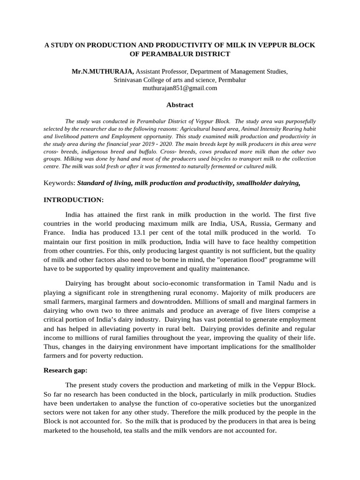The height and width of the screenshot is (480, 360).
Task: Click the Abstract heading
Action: (x=180, y=105)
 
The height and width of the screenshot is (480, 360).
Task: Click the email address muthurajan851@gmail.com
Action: (x=180, y=88)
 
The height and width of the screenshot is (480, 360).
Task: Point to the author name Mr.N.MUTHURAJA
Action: (x=103, y=72)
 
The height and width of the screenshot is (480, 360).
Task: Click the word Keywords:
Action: (x=60, y=182)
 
